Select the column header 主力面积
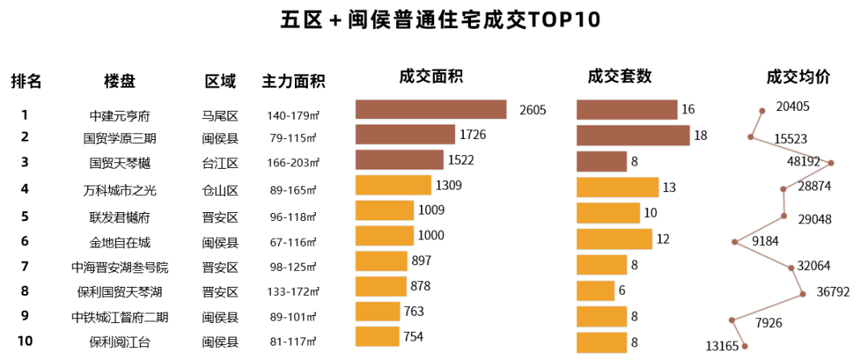point(293,81)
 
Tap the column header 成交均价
point(798,77)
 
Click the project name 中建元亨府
point(120,116)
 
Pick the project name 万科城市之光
point(120,190)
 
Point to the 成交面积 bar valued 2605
point(431,110)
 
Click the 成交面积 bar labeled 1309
point(393,186)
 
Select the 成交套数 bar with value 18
point(633,135)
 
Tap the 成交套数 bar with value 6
point(596,291)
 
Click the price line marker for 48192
point(832,163)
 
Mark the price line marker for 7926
point(731,320)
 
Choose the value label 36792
point(833,292)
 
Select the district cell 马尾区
point(220,116)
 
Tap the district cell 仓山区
point(220,190)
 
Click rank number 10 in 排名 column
point(25,341)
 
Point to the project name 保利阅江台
point(120,342)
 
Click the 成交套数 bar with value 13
point(617,187)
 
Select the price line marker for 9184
point(735,241)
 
